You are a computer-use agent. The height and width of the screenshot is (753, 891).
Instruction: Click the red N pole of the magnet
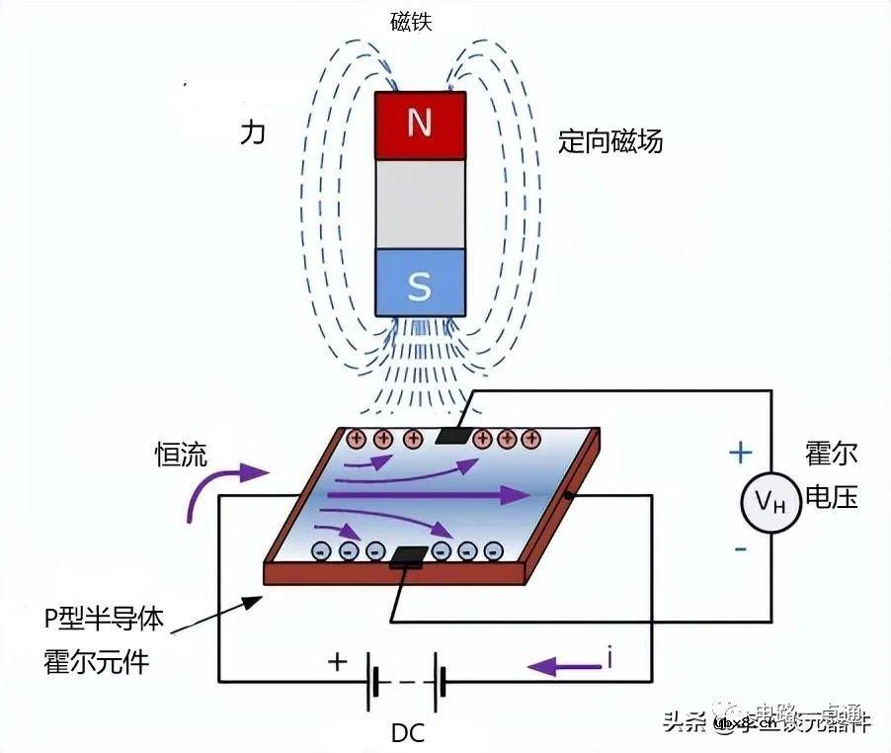pos(420,124)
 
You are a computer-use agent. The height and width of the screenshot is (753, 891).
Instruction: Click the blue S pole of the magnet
pos(420,285)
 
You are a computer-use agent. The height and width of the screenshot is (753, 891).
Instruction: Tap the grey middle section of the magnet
pos(420,204)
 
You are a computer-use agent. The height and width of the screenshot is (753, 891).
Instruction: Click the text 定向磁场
pos(609,141)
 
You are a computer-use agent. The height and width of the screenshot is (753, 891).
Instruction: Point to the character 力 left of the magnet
pos(253,133)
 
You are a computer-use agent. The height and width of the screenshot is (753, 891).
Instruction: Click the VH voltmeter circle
pos(770,503)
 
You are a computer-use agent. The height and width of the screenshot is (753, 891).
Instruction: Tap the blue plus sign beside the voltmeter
pos(740,453)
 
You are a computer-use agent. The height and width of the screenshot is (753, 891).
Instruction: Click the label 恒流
pos(181,455)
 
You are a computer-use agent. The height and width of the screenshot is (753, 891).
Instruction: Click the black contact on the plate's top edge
pos(453,435)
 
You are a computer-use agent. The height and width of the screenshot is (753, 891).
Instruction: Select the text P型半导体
pos(104,619)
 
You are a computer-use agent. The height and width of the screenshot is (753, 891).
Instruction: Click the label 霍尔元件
pos(96,661)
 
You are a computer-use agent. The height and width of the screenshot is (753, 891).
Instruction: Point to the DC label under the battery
pos(408,733)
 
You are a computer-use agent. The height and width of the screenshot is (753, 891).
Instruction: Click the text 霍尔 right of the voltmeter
pos(832,455)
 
